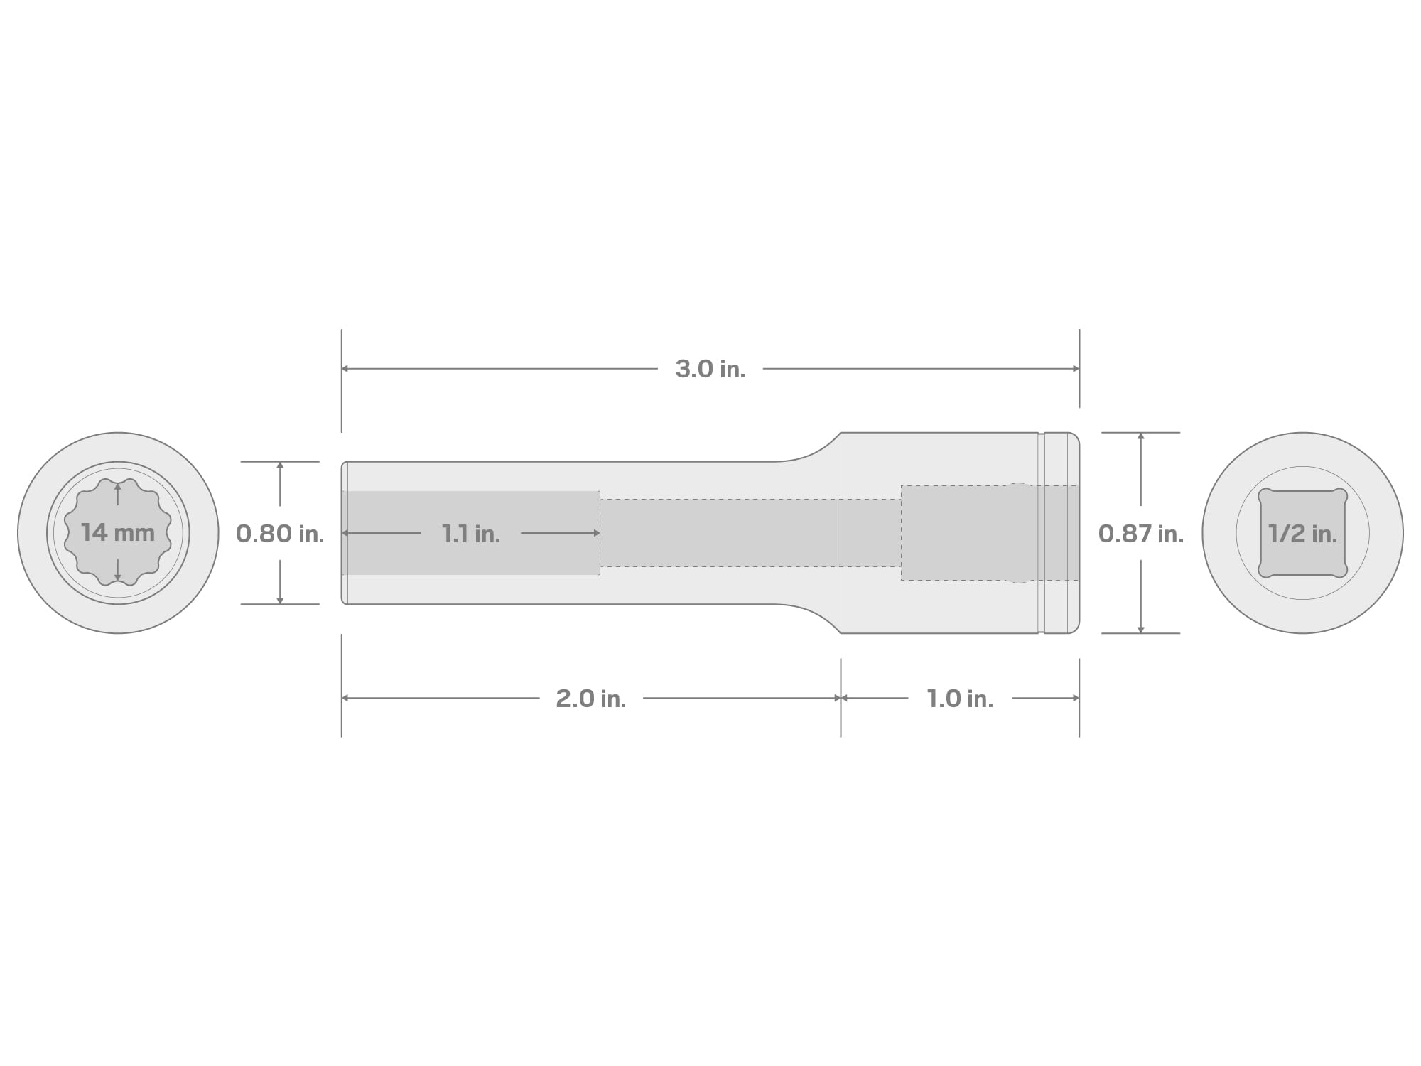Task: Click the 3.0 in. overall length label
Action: pyautogui.click(x=710, y=369)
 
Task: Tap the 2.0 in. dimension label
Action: pyautogui.click(x=591, y=699)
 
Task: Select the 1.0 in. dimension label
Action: pyautogui.click(x=960, y=699)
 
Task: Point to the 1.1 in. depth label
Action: pyautogui.click(x=471, y=534)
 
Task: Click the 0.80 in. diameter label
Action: pyautogui.click(x=280, y=534)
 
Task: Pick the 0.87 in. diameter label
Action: pyautogui.click(x=1141, y=534)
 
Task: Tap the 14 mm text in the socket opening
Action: pyautogui.click(x=118, y=532)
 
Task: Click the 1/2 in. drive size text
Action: pyautogui.click(x=1303, y=534)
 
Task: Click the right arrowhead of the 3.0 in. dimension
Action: pyautogui.click(x=1076, y=369)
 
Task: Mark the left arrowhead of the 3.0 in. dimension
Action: pyautogui.click(x=345, y=369)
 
